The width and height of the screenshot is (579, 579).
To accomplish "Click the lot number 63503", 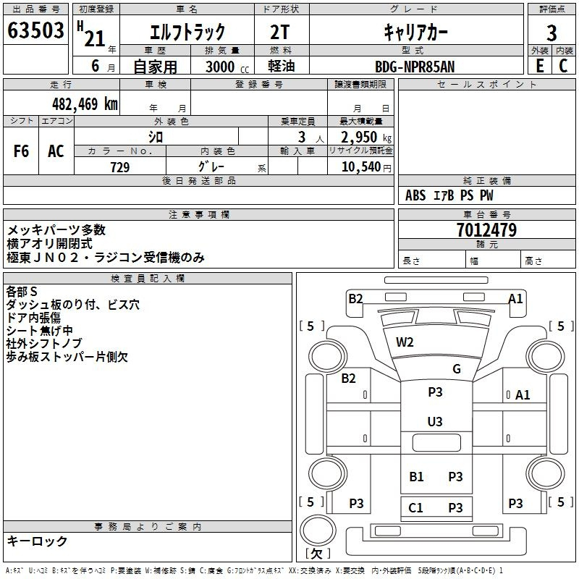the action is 35,30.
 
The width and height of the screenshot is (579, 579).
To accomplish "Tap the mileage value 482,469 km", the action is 85,104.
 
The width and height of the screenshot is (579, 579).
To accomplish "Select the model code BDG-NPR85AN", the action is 415,67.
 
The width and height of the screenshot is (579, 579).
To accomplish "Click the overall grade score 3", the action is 551,33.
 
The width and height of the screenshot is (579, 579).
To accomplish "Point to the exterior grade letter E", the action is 539,66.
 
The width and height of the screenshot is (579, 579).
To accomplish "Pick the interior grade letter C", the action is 563,66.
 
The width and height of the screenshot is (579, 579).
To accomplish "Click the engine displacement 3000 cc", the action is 227,67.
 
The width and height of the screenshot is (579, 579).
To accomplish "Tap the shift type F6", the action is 21,151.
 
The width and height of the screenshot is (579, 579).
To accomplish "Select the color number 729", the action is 120,167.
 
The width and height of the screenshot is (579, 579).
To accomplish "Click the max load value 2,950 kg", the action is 366,138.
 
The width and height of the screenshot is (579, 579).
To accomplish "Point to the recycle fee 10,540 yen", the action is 366,167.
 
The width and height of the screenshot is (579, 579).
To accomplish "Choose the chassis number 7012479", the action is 486,230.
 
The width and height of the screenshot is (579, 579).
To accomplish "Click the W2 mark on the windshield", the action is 405,342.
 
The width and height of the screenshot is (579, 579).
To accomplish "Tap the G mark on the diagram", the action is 457,368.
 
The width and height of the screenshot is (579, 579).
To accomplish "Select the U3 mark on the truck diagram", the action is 435,421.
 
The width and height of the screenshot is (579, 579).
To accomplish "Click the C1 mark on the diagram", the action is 415,508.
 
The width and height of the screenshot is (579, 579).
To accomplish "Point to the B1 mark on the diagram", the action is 416,476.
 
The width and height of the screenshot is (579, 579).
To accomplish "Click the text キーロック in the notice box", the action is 37,541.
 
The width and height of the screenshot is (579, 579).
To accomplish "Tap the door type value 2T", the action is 280,32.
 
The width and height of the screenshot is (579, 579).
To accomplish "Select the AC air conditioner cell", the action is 56,151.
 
